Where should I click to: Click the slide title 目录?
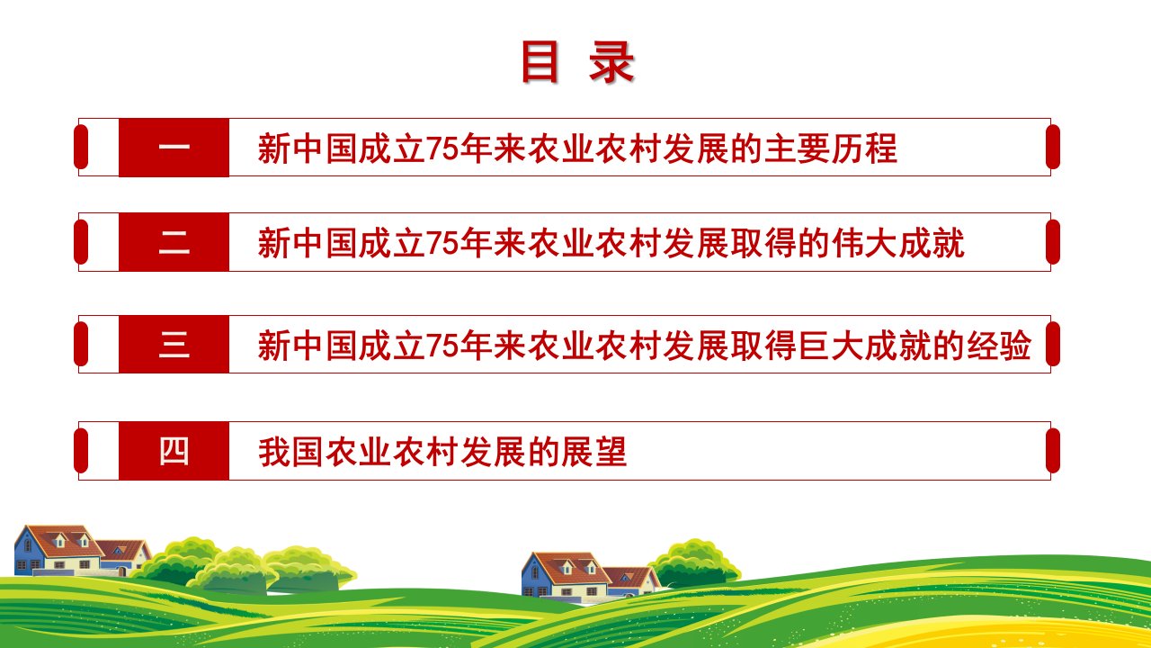(578, 62)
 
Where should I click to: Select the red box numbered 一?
(174, 148)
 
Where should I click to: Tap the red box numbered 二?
(174, 242)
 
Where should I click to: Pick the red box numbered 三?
(174, 344)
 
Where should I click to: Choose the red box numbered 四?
(174, 451)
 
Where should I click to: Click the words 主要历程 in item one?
(831, 148)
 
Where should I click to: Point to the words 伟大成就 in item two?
(898, 243)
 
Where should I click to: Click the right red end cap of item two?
(1053, 242)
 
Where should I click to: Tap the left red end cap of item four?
(81, 451)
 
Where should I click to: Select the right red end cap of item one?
(1053, 147)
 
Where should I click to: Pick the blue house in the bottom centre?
(563, 574)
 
